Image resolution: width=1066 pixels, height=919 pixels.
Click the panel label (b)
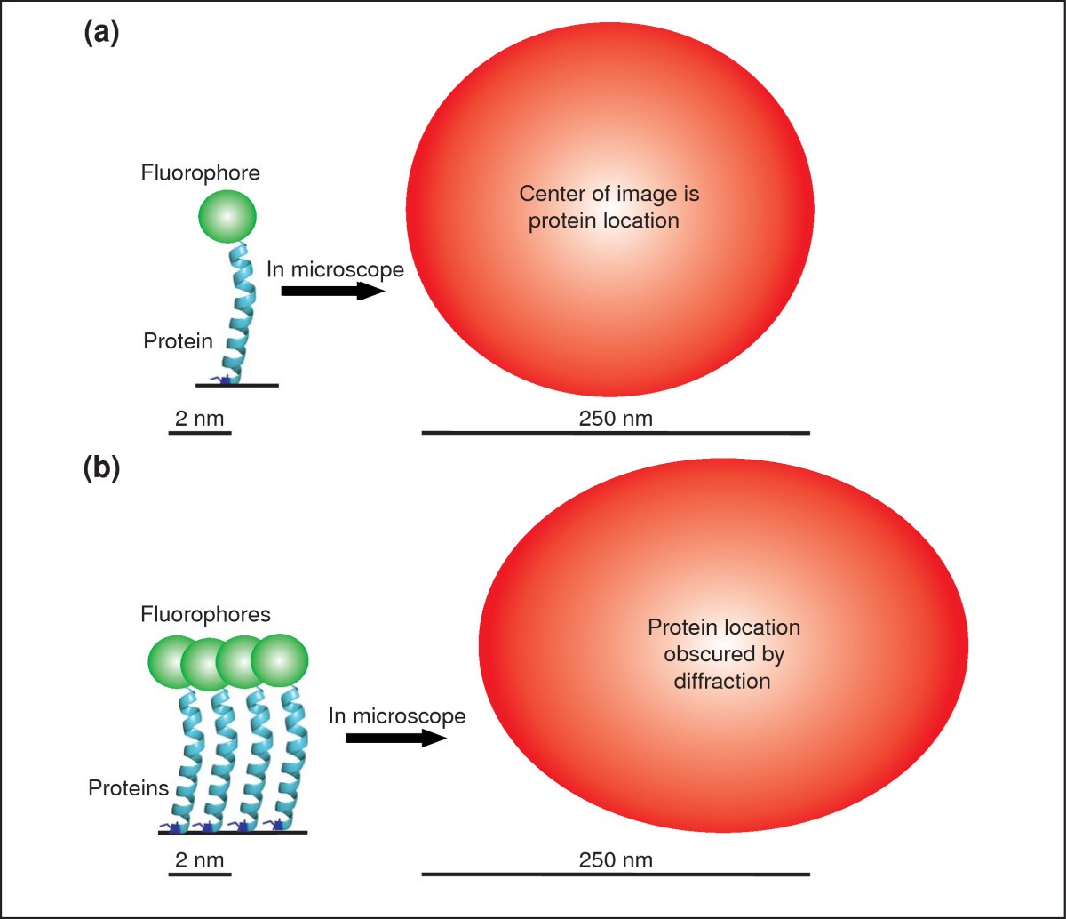pos(100,467)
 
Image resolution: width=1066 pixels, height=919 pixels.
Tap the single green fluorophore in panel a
pos(227,216)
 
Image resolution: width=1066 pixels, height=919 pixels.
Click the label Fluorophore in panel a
pos(201,172)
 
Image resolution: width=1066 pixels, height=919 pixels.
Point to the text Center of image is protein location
pos(604,207)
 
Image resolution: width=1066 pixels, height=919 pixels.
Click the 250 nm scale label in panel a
pos(616,418)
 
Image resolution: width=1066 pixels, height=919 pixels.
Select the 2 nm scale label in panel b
pos(200,860)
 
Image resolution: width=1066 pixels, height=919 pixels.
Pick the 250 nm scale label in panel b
pos(616,860)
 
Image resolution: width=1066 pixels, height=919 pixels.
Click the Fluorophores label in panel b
pos(205,614)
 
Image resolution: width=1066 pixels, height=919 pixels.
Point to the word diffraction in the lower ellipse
pos(724,683)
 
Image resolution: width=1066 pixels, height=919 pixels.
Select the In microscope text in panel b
pos(396,715)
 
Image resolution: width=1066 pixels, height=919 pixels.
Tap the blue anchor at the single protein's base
pos(223,380)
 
